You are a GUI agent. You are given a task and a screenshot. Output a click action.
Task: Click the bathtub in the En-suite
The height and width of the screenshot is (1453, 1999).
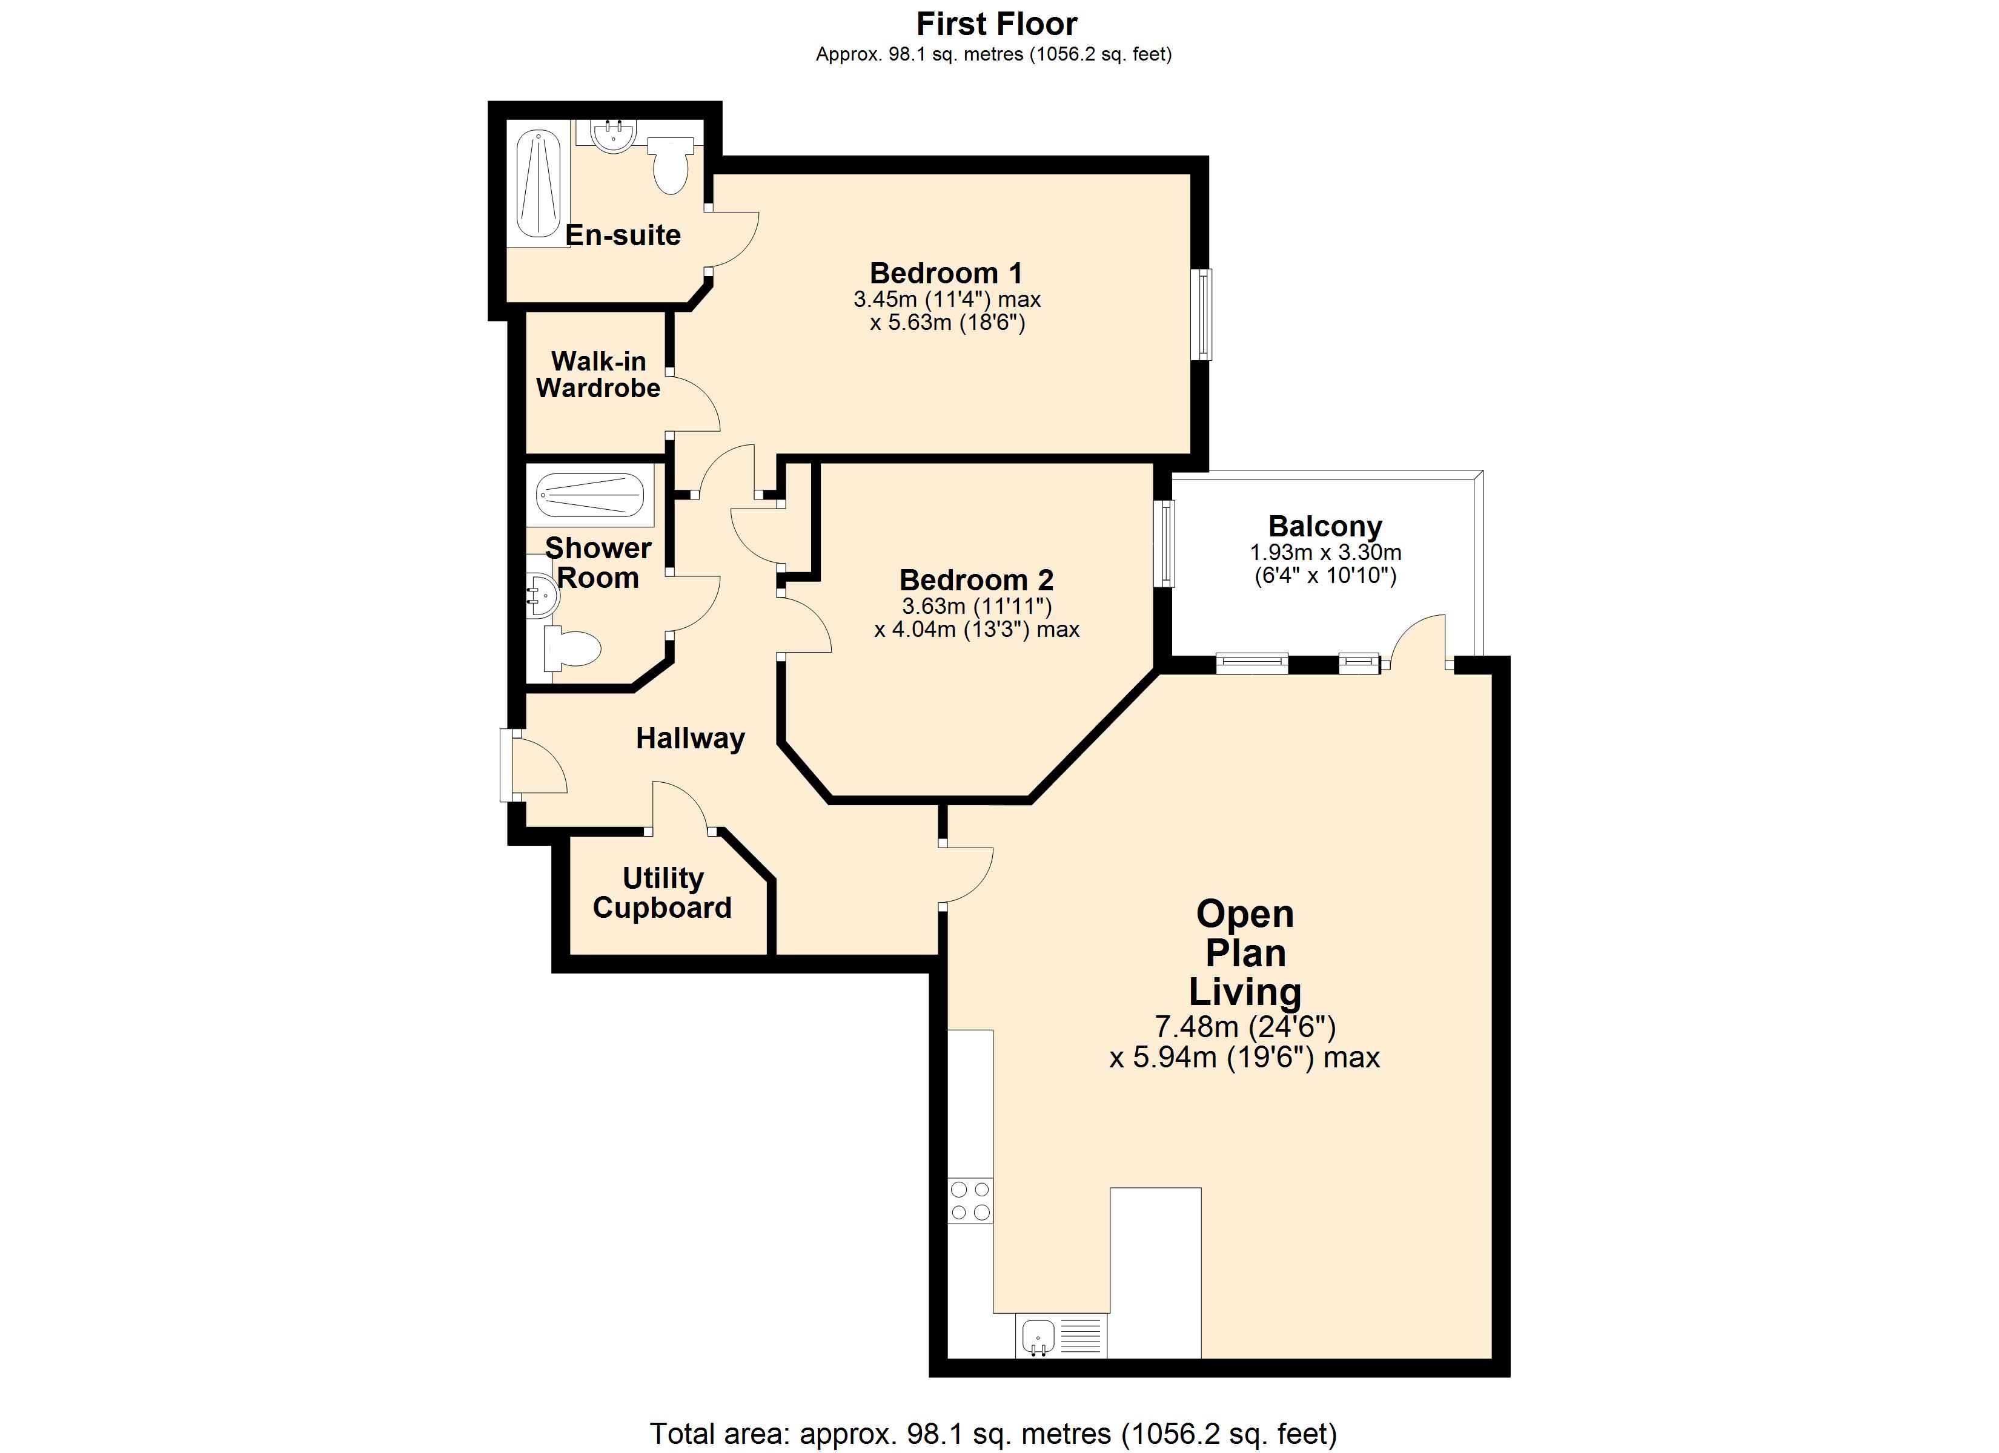click(539, 184)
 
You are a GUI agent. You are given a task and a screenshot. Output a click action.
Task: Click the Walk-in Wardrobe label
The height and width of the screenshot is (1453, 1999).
click(598, 375)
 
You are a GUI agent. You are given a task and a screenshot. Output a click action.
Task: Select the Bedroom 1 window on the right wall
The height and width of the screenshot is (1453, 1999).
click(1201, 315)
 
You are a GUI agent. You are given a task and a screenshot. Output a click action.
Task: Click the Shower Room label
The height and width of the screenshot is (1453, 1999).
click(598, 563)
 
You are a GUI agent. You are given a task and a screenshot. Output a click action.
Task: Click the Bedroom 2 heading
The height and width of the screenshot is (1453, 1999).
click(976, 580)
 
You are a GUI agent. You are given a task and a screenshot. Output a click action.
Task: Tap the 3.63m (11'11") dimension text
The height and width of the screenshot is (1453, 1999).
click(976, 606)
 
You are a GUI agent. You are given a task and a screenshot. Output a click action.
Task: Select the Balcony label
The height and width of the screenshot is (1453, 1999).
click(1325, 526)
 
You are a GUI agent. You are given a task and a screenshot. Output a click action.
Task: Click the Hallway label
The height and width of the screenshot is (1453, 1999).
click(690, 739)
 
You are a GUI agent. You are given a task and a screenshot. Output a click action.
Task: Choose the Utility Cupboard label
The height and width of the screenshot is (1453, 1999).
click(662, 892)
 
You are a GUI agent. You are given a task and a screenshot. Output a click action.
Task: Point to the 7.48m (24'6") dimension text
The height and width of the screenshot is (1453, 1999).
click(1244, 1027)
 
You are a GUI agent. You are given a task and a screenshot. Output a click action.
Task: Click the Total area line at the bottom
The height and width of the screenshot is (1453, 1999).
click(993, 1434)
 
